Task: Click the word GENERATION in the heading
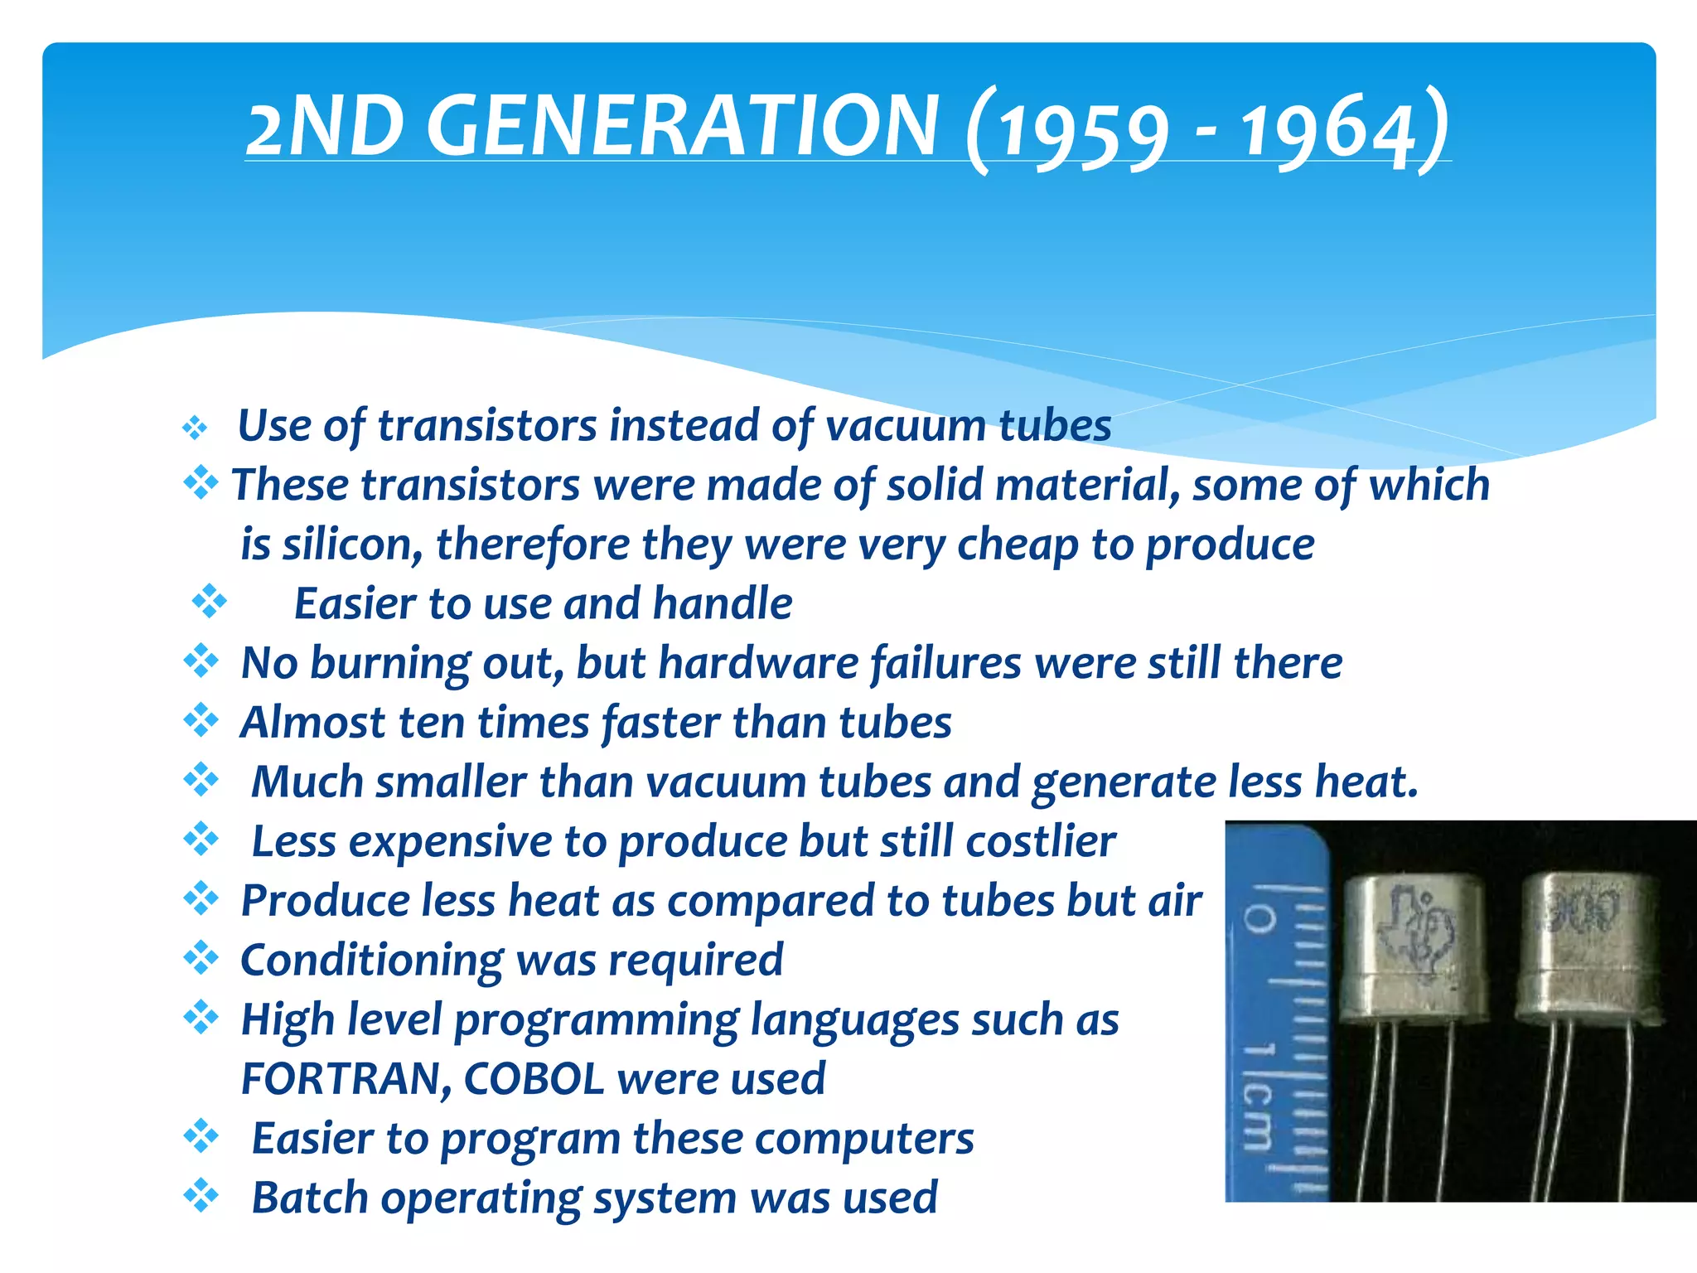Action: [x=684, y=126]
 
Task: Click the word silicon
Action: [x=353, y=545]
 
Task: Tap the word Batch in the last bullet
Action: [x=309, y=1198]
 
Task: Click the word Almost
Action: [x=312, y=723]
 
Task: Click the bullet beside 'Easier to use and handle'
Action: [x=209, y=602]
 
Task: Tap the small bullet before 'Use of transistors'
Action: [x=195, y=428]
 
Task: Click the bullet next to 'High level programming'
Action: [x=201, y=1018]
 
